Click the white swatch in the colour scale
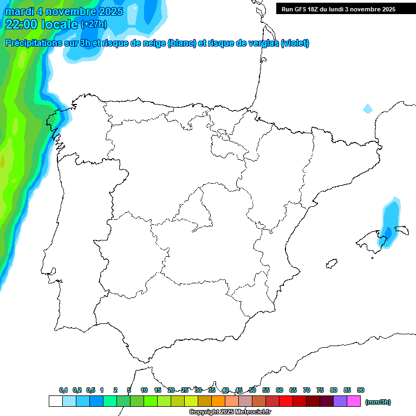55,401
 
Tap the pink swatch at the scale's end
354,401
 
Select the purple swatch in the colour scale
340,401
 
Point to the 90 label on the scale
361,390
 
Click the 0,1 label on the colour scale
63,390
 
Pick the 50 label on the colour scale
252,390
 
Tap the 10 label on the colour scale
144,390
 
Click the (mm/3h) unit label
378,402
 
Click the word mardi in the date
21,11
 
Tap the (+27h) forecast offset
94,24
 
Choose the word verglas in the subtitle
263,43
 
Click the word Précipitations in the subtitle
34,43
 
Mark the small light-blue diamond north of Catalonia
368,108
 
